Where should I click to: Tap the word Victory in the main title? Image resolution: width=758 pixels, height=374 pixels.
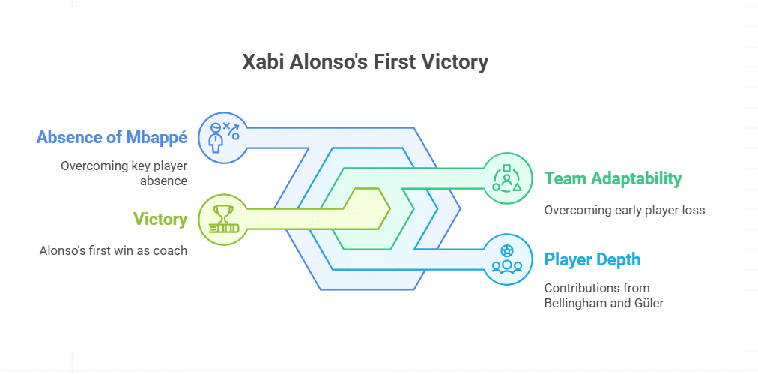click(x=456, y=62)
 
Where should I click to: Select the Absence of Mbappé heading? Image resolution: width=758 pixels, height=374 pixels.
click(x=112, y=137)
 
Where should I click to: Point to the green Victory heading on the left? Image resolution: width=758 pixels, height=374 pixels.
click(x=160, y=219)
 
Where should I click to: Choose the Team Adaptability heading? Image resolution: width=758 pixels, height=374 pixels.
click(x=613, y=178)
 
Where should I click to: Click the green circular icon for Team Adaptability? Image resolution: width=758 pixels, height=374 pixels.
click(x=506, y=178)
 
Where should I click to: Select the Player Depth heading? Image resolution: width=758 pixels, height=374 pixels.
click(x=592, y=260)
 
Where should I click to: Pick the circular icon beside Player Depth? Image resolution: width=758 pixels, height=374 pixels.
click(x=506, y=260)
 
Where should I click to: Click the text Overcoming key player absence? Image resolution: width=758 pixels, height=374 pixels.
click(x=124, y=173)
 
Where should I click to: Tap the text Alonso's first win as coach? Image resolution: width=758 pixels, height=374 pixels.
click(x=113, y=250)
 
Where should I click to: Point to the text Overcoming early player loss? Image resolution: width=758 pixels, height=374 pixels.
click(x=625, y=210)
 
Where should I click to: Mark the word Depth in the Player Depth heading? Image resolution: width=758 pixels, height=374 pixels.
click(x=618, y=260)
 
